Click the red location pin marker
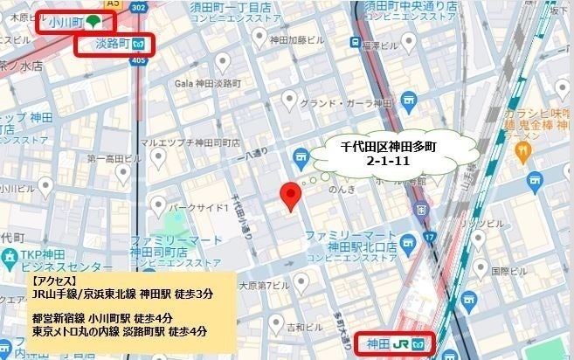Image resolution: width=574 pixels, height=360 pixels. [291, 197]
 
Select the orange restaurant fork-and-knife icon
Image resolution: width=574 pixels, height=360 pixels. [522, 152]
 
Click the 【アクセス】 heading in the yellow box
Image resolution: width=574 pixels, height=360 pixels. [53, 281]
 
